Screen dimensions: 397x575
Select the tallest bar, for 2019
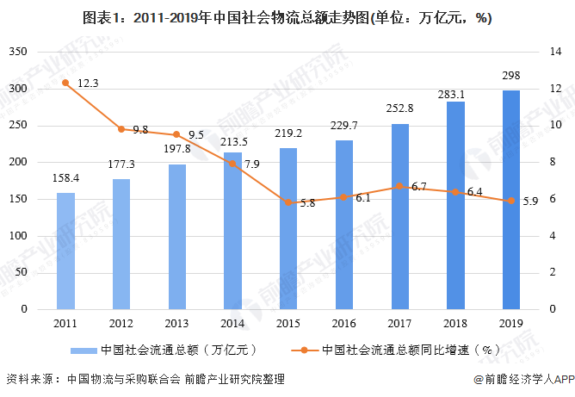click(510, 199)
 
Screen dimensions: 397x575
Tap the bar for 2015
click(288, 228)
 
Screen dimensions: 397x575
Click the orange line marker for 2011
click(65, 83)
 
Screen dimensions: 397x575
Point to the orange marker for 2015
click(288, 202)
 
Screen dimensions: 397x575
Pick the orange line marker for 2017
click(399, 186)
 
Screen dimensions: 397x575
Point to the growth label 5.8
click(307, 203)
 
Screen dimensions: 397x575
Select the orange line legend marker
click(306, 350)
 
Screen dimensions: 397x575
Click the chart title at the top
click(287, 19)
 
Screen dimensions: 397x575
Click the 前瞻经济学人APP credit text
click(523, 379)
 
